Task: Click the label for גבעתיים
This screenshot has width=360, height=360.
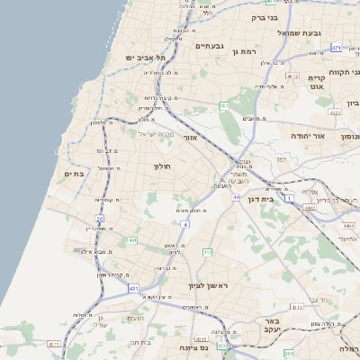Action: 209,46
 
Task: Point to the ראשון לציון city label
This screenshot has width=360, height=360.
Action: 209,285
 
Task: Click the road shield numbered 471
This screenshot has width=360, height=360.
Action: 336,48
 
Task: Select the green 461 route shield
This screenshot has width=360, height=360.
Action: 224,105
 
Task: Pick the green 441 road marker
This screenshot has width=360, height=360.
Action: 132,240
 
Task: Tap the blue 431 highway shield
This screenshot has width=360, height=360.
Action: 134,288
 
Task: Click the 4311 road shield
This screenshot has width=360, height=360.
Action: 54,344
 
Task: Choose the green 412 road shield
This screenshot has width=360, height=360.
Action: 207,253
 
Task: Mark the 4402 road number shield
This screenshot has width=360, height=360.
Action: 310,209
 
